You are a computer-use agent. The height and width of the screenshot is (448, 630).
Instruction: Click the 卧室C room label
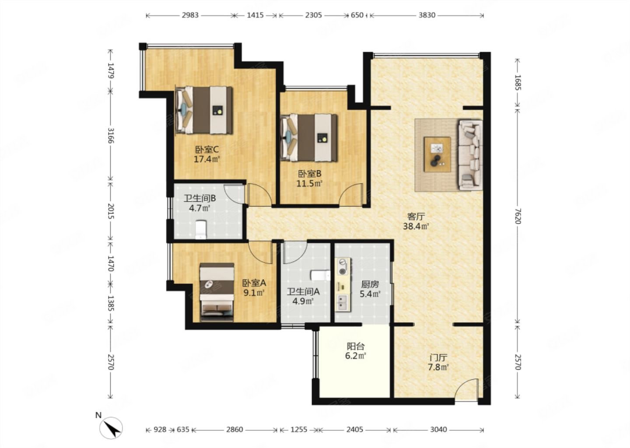[206, 150]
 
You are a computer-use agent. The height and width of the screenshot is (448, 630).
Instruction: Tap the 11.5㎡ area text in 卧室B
[309, 184]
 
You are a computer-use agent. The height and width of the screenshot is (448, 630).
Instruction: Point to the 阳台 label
[356, 346]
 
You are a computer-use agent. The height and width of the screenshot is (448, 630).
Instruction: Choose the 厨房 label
[370, 285]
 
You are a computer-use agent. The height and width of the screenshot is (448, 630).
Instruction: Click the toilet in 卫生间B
[200, 230]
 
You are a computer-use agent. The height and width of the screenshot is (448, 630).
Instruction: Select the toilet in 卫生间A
[320, 276]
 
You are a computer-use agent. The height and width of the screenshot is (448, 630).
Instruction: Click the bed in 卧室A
[217, 292]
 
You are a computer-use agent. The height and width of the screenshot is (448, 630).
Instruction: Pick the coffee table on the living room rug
[437, 154]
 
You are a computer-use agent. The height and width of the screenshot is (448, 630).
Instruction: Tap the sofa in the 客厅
[471, 155]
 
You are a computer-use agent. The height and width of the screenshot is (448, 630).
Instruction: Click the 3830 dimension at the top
[427, 15]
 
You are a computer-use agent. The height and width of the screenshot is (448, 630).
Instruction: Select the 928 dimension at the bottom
[160, 430]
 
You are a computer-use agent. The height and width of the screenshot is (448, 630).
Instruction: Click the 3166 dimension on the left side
[111, 136]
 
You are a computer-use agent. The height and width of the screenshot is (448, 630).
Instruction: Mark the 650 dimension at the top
[357, 15]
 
